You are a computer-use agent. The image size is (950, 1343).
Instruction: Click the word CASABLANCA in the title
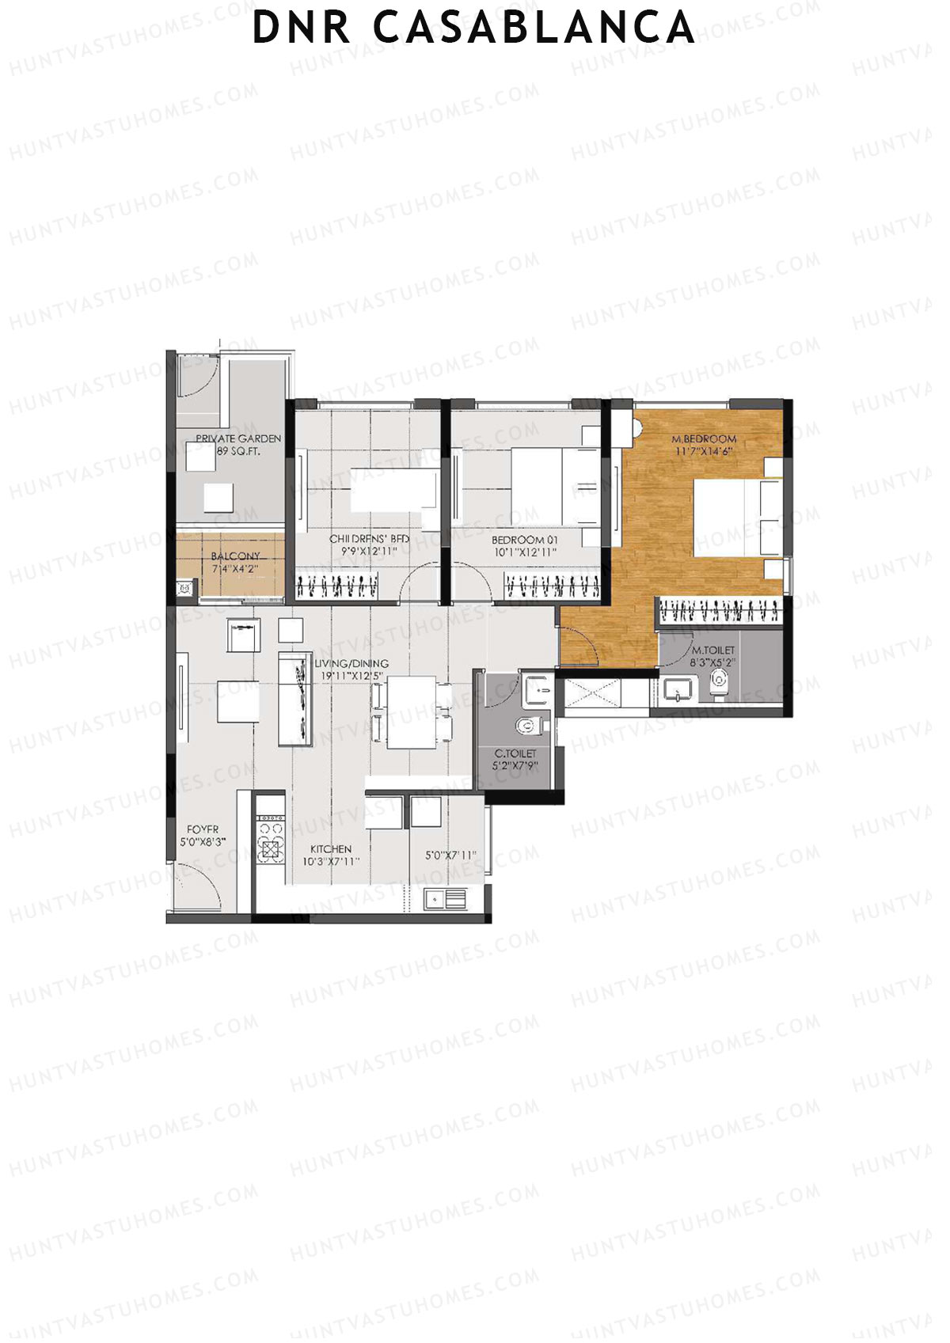point(534,28)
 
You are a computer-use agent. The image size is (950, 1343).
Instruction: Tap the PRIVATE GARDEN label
point(237,438)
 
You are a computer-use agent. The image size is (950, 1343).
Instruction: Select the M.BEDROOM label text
point(704,438)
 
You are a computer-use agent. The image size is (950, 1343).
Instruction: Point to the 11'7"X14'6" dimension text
point(704,451)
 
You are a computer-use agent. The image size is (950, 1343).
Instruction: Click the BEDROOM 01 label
point(525,540)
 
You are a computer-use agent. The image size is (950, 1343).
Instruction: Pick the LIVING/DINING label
point(351,663)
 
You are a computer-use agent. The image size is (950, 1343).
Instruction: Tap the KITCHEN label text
point(331,848)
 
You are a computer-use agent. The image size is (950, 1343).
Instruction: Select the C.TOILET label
point(515,754)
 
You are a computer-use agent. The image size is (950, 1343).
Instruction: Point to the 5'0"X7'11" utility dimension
point(450,855)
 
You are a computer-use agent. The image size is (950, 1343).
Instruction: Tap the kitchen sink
point(445,898)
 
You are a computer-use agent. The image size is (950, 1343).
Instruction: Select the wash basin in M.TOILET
point(677,692)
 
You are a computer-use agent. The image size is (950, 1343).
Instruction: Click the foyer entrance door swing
point(196,888)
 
